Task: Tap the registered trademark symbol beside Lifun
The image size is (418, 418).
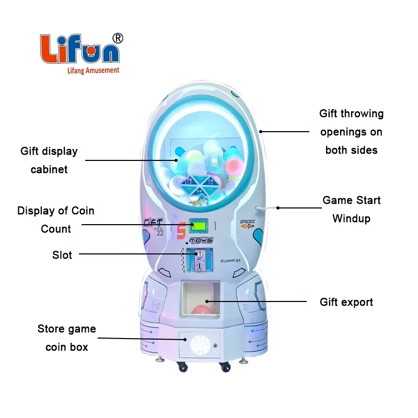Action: pos(118,38)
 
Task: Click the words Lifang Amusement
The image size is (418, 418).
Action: pos(87,70)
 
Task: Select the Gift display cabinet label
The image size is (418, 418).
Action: pos(49,160)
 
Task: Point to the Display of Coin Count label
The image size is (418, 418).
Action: pos(56,220)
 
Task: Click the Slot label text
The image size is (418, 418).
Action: pos(62,255)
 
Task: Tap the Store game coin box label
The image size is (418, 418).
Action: pos(67,338)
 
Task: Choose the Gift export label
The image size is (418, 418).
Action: pos(346,302)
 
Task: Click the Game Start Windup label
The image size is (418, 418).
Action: pos(351,209)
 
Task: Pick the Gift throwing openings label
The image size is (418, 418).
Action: pos(351,132)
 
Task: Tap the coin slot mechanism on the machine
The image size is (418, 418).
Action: pos(199,259)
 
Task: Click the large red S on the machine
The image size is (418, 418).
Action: pos(181,230)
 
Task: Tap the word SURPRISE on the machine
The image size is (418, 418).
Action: pos(229,260)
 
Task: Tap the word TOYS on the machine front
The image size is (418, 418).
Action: pos(201,241)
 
